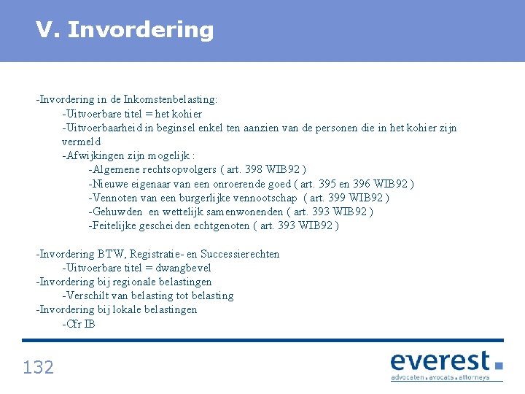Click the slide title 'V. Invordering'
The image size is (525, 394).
(125, 30)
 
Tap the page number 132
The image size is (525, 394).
(39, 367)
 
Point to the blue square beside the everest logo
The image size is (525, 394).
(499, 364)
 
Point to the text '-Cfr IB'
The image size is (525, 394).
(79, 324)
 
